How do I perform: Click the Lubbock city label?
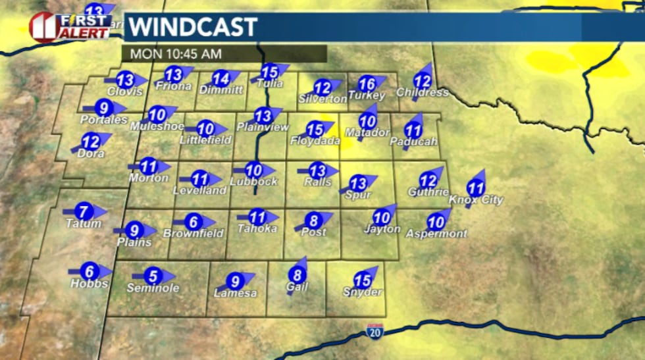point(253,182)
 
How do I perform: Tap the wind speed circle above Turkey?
point(367,84)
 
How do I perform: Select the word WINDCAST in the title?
point(192,27)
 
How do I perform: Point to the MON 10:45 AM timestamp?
point(176,53)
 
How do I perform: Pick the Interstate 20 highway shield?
point(375,331)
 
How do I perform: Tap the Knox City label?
point(475,200)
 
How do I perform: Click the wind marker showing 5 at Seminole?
point(153,276)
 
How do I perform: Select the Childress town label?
point(423,93)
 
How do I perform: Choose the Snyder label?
point(362,292)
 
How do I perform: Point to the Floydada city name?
point(315,141)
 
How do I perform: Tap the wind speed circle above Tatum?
point(84,212)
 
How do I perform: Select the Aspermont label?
point(436,234)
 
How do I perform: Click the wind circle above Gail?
point(297,274)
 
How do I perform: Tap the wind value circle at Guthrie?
point(428,180)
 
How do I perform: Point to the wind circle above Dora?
point(90,141)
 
